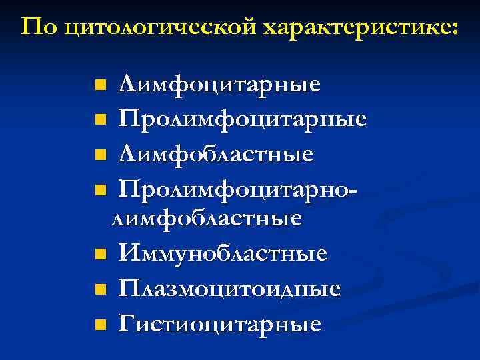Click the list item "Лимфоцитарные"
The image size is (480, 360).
click(219, 85)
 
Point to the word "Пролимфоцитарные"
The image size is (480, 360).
click(243, 120)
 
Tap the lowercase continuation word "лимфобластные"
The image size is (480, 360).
click(206, 219)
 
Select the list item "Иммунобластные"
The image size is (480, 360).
click(223, 253)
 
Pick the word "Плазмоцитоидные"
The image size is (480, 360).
click(229, 289)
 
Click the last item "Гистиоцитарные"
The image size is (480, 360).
click(220, 324)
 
